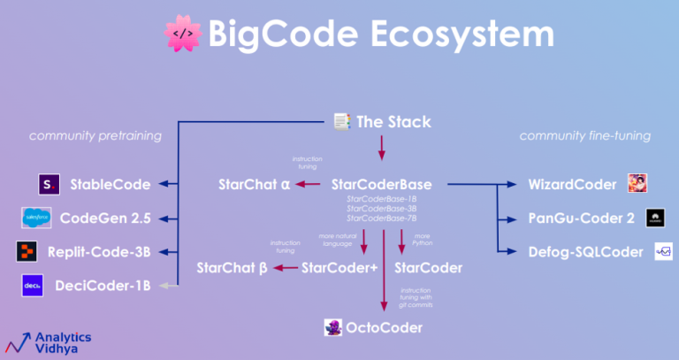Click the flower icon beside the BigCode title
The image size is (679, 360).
(182, 34)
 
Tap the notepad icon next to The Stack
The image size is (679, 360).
(340, 121)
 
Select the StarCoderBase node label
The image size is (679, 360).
(381, 185)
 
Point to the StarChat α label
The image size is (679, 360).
(255, 185)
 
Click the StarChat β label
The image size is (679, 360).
(232, 266)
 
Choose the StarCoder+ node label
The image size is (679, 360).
(339, 266)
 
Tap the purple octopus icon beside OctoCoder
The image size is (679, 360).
(333, 328)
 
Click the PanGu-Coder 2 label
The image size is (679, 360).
(580, 218)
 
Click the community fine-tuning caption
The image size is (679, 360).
(584, 136)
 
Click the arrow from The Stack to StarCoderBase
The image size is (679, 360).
(383, 149)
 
